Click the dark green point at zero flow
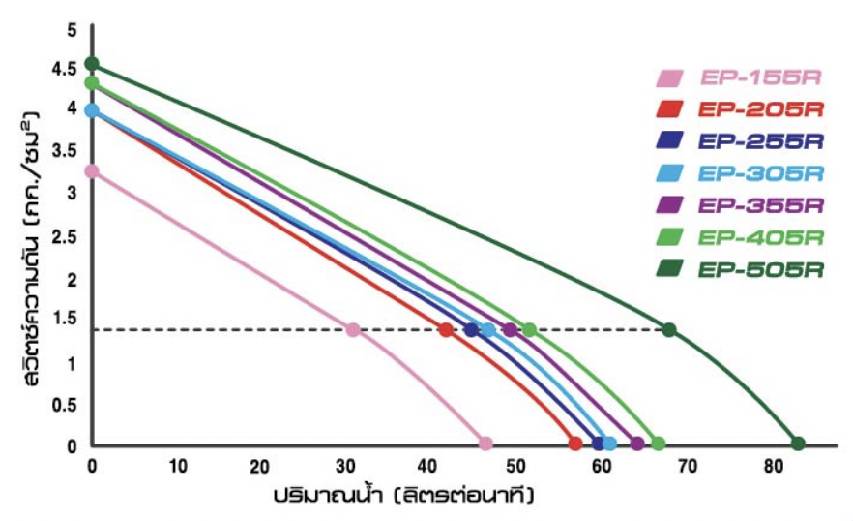[x=92, y=64]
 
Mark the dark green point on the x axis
[x=798, y=444]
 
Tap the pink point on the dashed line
[x=353, y=330]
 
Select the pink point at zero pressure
[x=485, y=444]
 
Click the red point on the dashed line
[x=446, y=330]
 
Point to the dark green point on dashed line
[x=668, y=330]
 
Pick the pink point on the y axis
[x=92, y=171]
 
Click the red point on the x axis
[x=575, y=444]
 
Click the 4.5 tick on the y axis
[x=68, y=68]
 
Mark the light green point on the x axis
[x=658, y=444]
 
